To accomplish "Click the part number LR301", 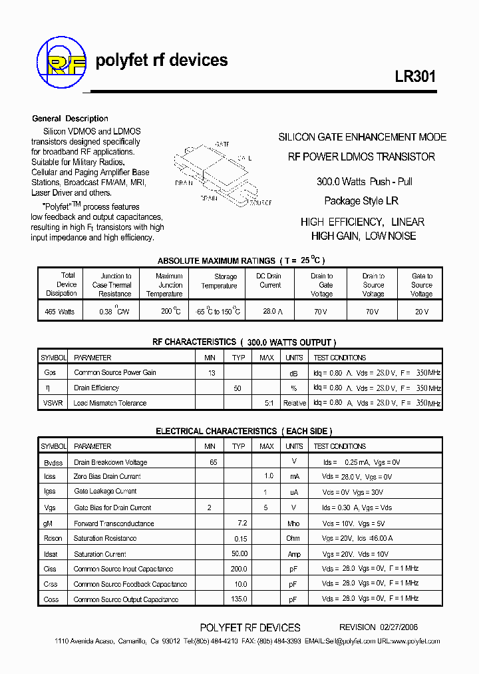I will click(x=415, y=76).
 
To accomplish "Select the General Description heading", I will click(x=70, y=119).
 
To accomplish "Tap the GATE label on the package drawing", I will click(x=222, y=144).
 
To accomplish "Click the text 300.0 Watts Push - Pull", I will click(x=364, y=181).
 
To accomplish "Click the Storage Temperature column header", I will click(x=219, y=281).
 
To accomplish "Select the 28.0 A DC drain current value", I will click(x=269, y=312).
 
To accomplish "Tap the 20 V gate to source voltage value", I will click(x=421, y=312).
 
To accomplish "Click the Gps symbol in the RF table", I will click(x=50, y=373).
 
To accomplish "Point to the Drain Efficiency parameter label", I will click(x=96, y=388).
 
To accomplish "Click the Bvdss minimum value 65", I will click(x=213, y=462).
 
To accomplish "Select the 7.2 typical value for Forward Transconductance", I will click(x=242, y=523).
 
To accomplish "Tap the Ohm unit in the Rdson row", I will click(x=293, y=539).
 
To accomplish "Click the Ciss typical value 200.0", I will click(x=239, y=569).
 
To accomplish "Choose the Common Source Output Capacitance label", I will click(x=126, y=599).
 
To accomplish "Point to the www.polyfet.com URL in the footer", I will click(x=414, y=641).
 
